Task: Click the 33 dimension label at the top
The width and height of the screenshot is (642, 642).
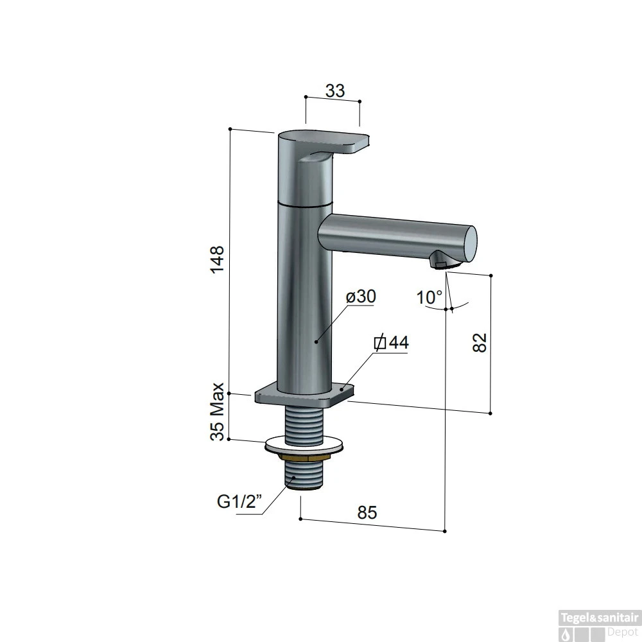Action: [334, 91]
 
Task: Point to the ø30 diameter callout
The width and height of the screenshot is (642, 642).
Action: [360, 297]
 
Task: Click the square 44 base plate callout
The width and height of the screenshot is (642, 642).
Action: [391, 343]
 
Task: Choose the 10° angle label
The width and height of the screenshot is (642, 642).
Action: [429, 297]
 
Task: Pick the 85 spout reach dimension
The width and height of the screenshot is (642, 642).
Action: [367, 512]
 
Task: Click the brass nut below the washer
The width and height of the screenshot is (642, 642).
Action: [305, 456]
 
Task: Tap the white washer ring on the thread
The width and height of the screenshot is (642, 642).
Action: [304, 444]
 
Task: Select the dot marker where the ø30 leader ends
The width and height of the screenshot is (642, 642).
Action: [317, 342]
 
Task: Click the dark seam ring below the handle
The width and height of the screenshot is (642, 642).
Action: [306, 204]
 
